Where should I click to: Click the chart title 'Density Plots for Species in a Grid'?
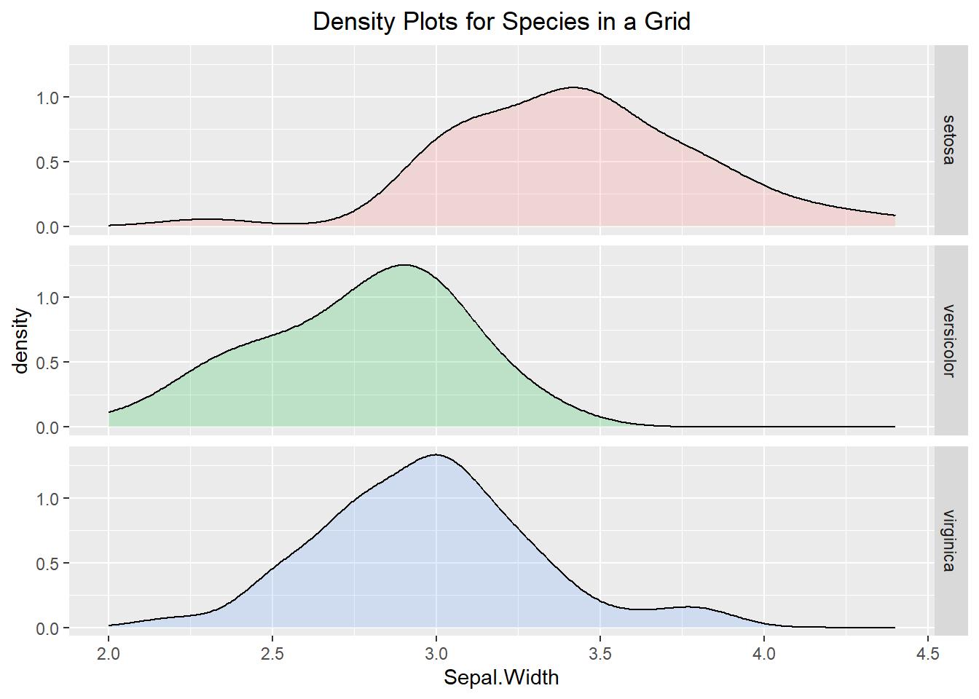pyautogui.click(x=501, y=22)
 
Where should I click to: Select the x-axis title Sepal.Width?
pyautogui.click(x=501, y=677)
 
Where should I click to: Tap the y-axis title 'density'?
pyautogui.click(x=22, y=341)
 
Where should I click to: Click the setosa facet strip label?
pyautogui.click(x=948, y=140)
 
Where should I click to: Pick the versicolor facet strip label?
pyautogui.click(x=948, y=340)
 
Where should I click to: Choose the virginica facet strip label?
pyautogui.click(x=948, y=540)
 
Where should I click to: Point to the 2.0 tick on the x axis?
pyautogui.click(x=109, y=654)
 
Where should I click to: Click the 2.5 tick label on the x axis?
pyautogui.click(x=272, y=654)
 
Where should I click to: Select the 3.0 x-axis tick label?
pyautogui.click(x=436, y=654)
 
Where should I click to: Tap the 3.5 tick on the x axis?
pyautogui.click(x=600, y=654)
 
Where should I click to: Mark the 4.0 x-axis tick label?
pyautogui.click(x=764, y=654)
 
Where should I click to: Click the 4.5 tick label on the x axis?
pyautogui.click(x=928, y=654)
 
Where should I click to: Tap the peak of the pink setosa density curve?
pyautogui.click(x=573, y=87)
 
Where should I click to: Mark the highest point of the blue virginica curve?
pyautogui.click(x=436, y=454)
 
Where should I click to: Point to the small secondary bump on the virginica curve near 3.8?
pyautogui.click(x=688, y=607)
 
